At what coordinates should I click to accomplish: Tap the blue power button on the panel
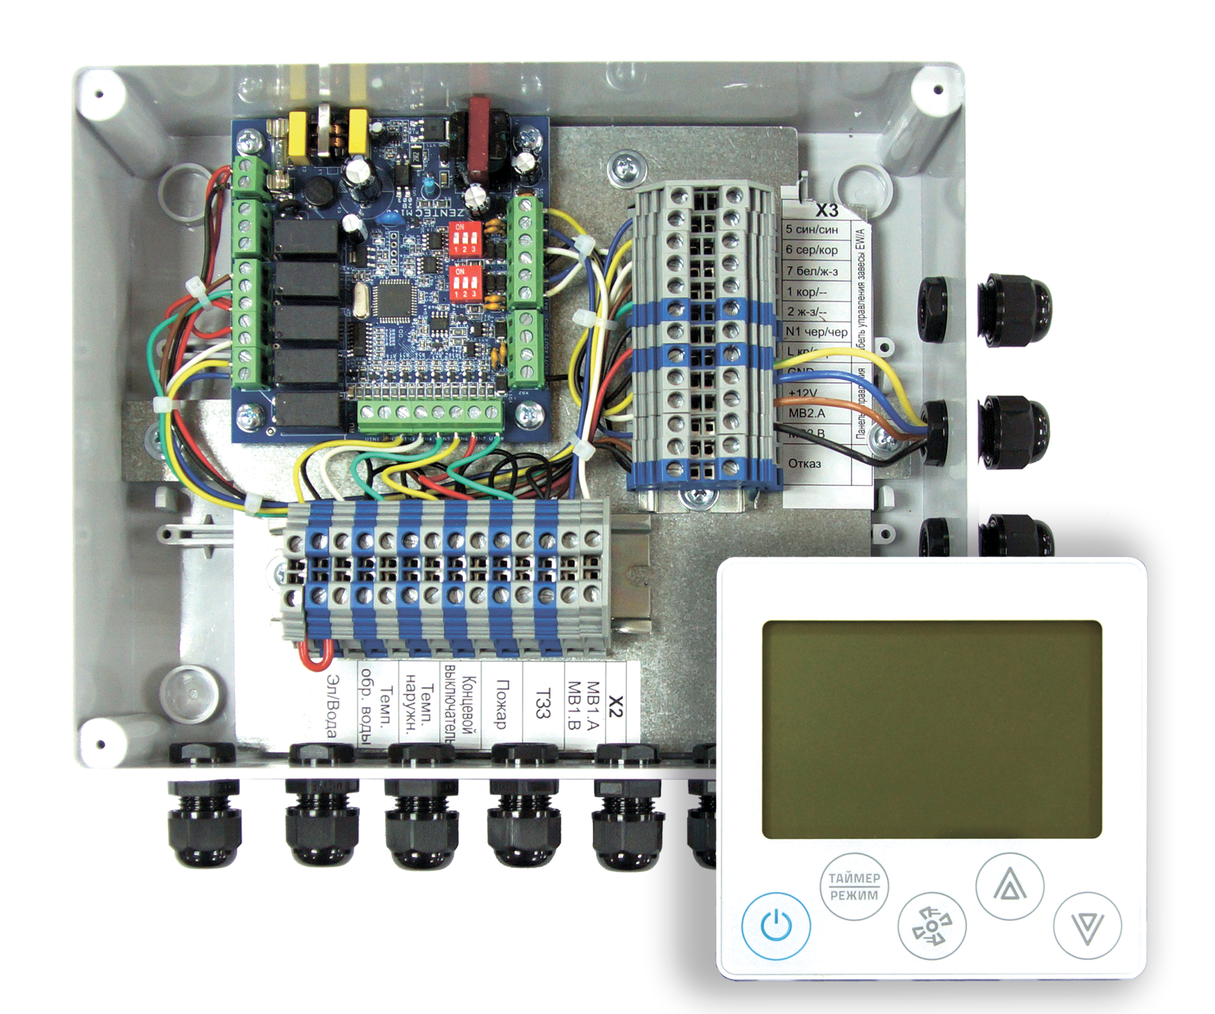pyautogui.click(x=776, y=926)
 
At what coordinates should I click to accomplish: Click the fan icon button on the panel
pyautogui.click(x=931, y=927)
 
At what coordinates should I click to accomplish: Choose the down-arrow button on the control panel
pyautogui.click(x=1087, y=926)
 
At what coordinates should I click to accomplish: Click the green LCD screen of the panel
pyautogui.click(x=931, y=729)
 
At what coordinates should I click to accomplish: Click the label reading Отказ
pyautogui.click(x=804, y=463)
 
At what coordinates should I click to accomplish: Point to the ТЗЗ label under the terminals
pyautogui.click(x=542, y=703)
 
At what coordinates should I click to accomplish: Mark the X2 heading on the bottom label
pyautogui.click(x=616, y=706)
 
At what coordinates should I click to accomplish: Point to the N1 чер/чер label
pyautogui.click(x=816, y=332)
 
